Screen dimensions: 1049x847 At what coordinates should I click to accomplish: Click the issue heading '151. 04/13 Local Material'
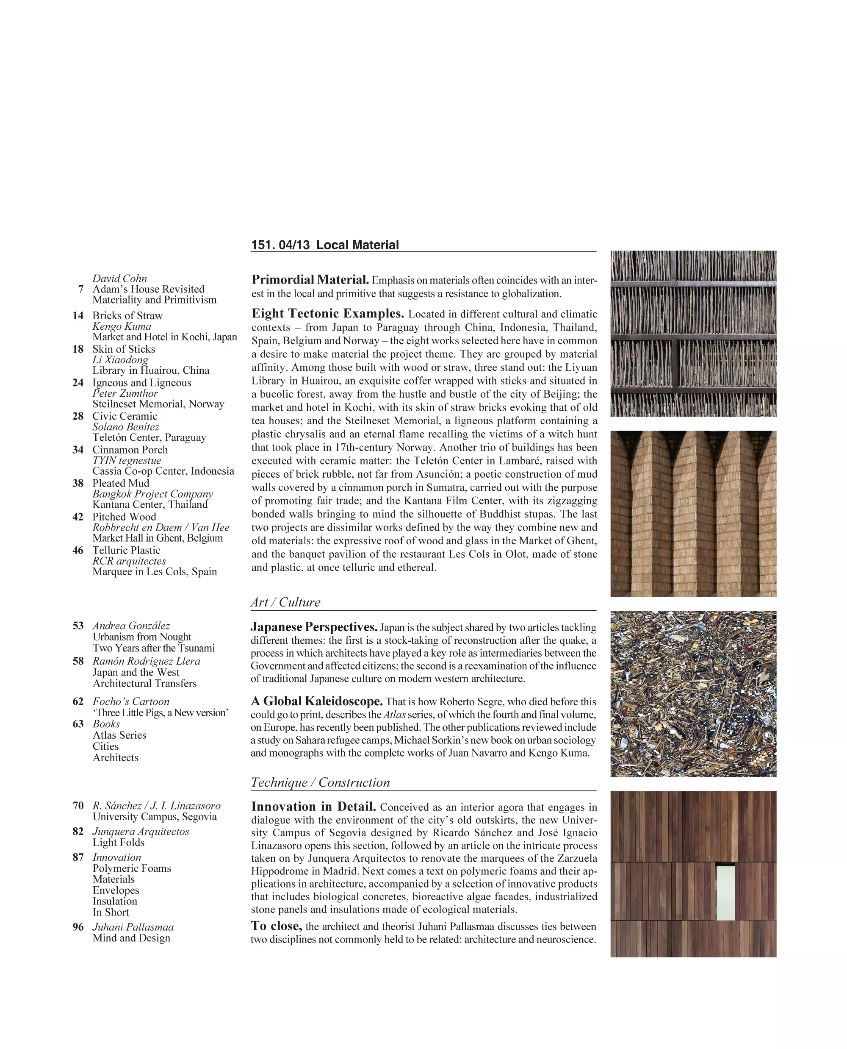coord(325,245)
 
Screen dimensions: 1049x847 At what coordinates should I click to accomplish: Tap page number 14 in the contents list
coord(78,315)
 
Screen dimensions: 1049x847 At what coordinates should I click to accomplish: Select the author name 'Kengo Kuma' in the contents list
coord(122,326)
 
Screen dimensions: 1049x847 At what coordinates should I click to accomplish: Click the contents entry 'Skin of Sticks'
coord(124,349)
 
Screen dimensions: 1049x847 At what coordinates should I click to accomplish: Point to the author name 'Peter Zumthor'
coord(125,393)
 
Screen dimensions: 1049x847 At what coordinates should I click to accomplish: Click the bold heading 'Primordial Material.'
coord(310,280)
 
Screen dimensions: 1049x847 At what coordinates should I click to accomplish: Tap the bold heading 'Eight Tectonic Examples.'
coord(328,314)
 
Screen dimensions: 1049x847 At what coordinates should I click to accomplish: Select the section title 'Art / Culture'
coord(286,602)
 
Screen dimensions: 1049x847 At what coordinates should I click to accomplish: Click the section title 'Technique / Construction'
coord(321,782)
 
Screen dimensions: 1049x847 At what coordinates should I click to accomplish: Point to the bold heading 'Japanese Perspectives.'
coord(314,626)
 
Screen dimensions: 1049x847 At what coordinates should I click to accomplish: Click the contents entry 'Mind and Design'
coord(131,938)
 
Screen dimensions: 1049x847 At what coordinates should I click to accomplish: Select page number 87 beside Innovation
coord(78,857)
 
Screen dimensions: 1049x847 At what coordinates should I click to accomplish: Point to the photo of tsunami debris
coord(693,693)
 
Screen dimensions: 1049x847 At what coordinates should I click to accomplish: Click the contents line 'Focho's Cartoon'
coord(131,701)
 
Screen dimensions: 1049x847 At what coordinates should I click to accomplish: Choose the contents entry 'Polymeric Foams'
coord(132,868)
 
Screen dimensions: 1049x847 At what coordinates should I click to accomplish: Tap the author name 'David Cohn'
coord(119,278)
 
